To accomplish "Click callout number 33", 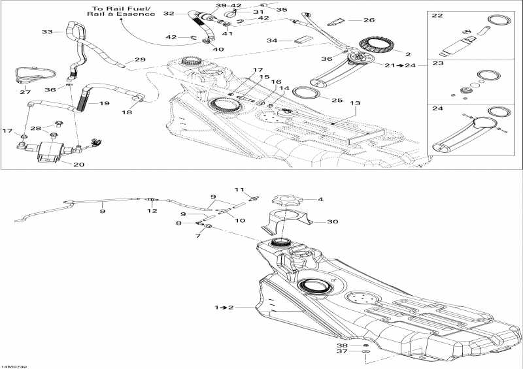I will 47,31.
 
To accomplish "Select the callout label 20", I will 79,165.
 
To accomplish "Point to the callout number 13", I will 355,103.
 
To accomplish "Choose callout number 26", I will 369,20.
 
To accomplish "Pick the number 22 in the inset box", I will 437,15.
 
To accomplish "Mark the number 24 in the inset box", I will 437,110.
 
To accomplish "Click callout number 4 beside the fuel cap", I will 320,199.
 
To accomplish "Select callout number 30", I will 333,221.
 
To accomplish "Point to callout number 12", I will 152,210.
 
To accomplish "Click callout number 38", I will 343,345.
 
